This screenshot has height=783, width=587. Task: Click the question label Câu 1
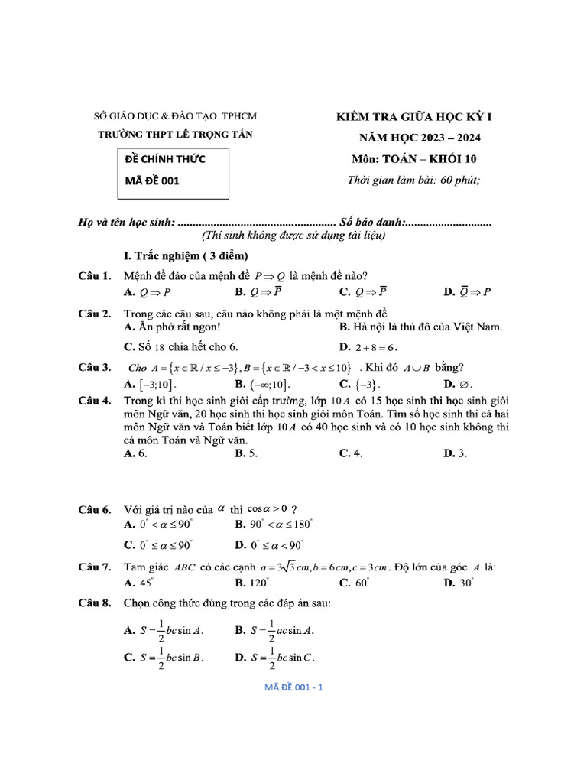coord(96,275)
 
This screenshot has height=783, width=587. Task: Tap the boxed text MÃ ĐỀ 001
coord(153,181)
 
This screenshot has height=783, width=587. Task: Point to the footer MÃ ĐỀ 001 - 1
coord(294,687)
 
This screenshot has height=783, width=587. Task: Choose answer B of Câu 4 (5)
coord(246,453)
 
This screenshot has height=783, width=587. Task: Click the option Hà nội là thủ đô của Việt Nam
coord(420,327)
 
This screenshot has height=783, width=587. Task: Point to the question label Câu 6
coord(96,508)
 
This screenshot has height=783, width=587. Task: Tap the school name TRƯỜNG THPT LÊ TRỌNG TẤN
coord(175,135)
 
